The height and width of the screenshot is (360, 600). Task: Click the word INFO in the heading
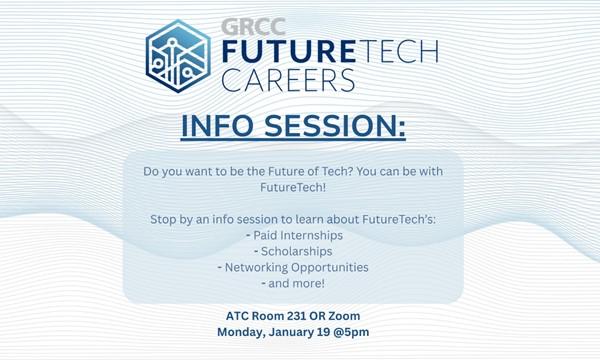pyautogui.click(x=220, y=128)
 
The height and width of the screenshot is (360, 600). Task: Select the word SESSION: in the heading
pyautogui.click(x=339, y=128)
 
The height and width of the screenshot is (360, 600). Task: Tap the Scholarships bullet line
pyautogui.click(x=299, y=250)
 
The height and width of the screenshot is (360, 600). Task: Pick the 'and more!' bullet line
pyautogui.click(x=299, y=284)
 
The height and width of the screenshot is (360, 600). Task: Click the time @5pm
pyautogui.click(x=358, y=334)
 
